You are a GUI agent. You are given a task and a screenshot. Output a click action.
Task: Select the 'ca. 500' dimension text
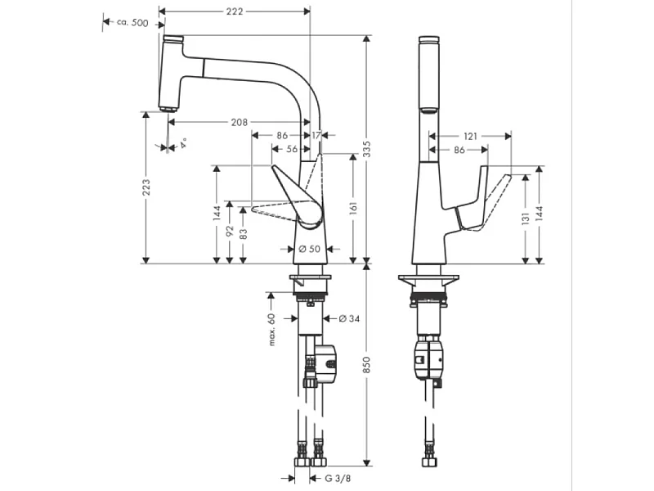click(x=133, y=23)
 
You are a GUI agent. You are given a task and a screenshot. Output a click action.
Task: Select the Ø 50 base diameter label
click(x=308, y=248)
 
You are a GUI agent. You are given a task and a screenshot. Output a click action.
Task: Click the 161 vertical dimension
click(x=354, y=209)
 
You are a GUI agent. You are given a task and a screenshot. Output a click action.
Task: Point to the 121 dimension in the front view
click(x=471, y=136)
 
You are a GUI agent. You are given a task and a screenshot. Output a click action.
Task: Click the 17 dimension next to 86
click(x=316, y=135)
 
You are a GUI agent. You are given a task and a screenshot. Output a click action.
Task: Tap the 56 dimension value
click(x=292, y=149)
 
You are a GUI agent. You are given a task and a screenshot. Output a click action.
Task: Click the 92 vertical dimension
click(x=231, y=232)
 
